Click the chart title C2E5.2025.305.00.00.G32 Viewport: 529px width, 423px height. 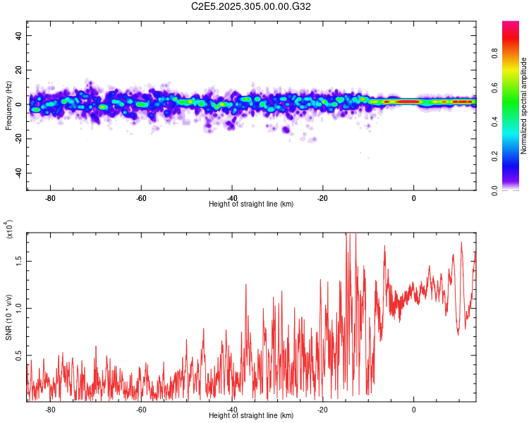(250, 6)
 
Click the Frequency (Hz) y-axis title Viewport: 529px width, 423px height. (8, 106)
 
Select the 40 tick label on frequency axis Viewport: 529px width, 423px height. (18, 35)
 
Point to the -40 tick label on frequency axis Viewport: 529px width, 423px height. (18, 173)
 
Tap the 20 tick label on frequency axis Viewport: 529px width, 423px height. (18, 70)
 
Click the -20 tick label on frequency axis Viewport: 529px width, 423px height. (18, 139)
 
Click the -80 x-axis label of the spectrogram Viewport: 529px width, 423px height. (50, 198)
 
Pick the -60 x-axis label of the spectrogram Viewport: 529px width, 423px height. (141, 198)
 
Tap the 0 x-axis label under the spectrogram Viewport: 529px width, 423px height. (413, 198)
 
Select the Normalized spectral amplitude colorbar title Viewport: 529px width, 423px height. (523, 106)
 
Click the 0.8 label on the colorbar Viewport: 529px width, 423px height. (494, 54)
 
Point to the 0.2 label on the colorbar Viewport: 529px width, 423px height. (494, 157)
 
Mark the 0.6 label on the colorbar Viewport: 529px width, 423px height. (494, 87)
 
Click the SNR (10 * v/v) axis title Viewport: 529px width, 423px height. (8, 317)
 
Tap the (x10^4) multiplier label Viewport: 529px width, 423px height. (9, 229)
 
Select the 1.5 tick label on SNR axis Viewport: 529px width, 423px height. (18, 261)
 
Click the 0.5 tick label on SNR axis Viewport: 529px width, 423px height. (18, 355)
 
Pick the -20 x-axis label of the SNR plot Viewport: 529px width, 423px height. (322, 410)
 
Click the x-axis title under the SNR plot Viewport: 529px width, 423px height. (251, 415)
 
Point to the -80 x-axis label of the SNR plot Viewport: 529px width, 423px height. (50, 410)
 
